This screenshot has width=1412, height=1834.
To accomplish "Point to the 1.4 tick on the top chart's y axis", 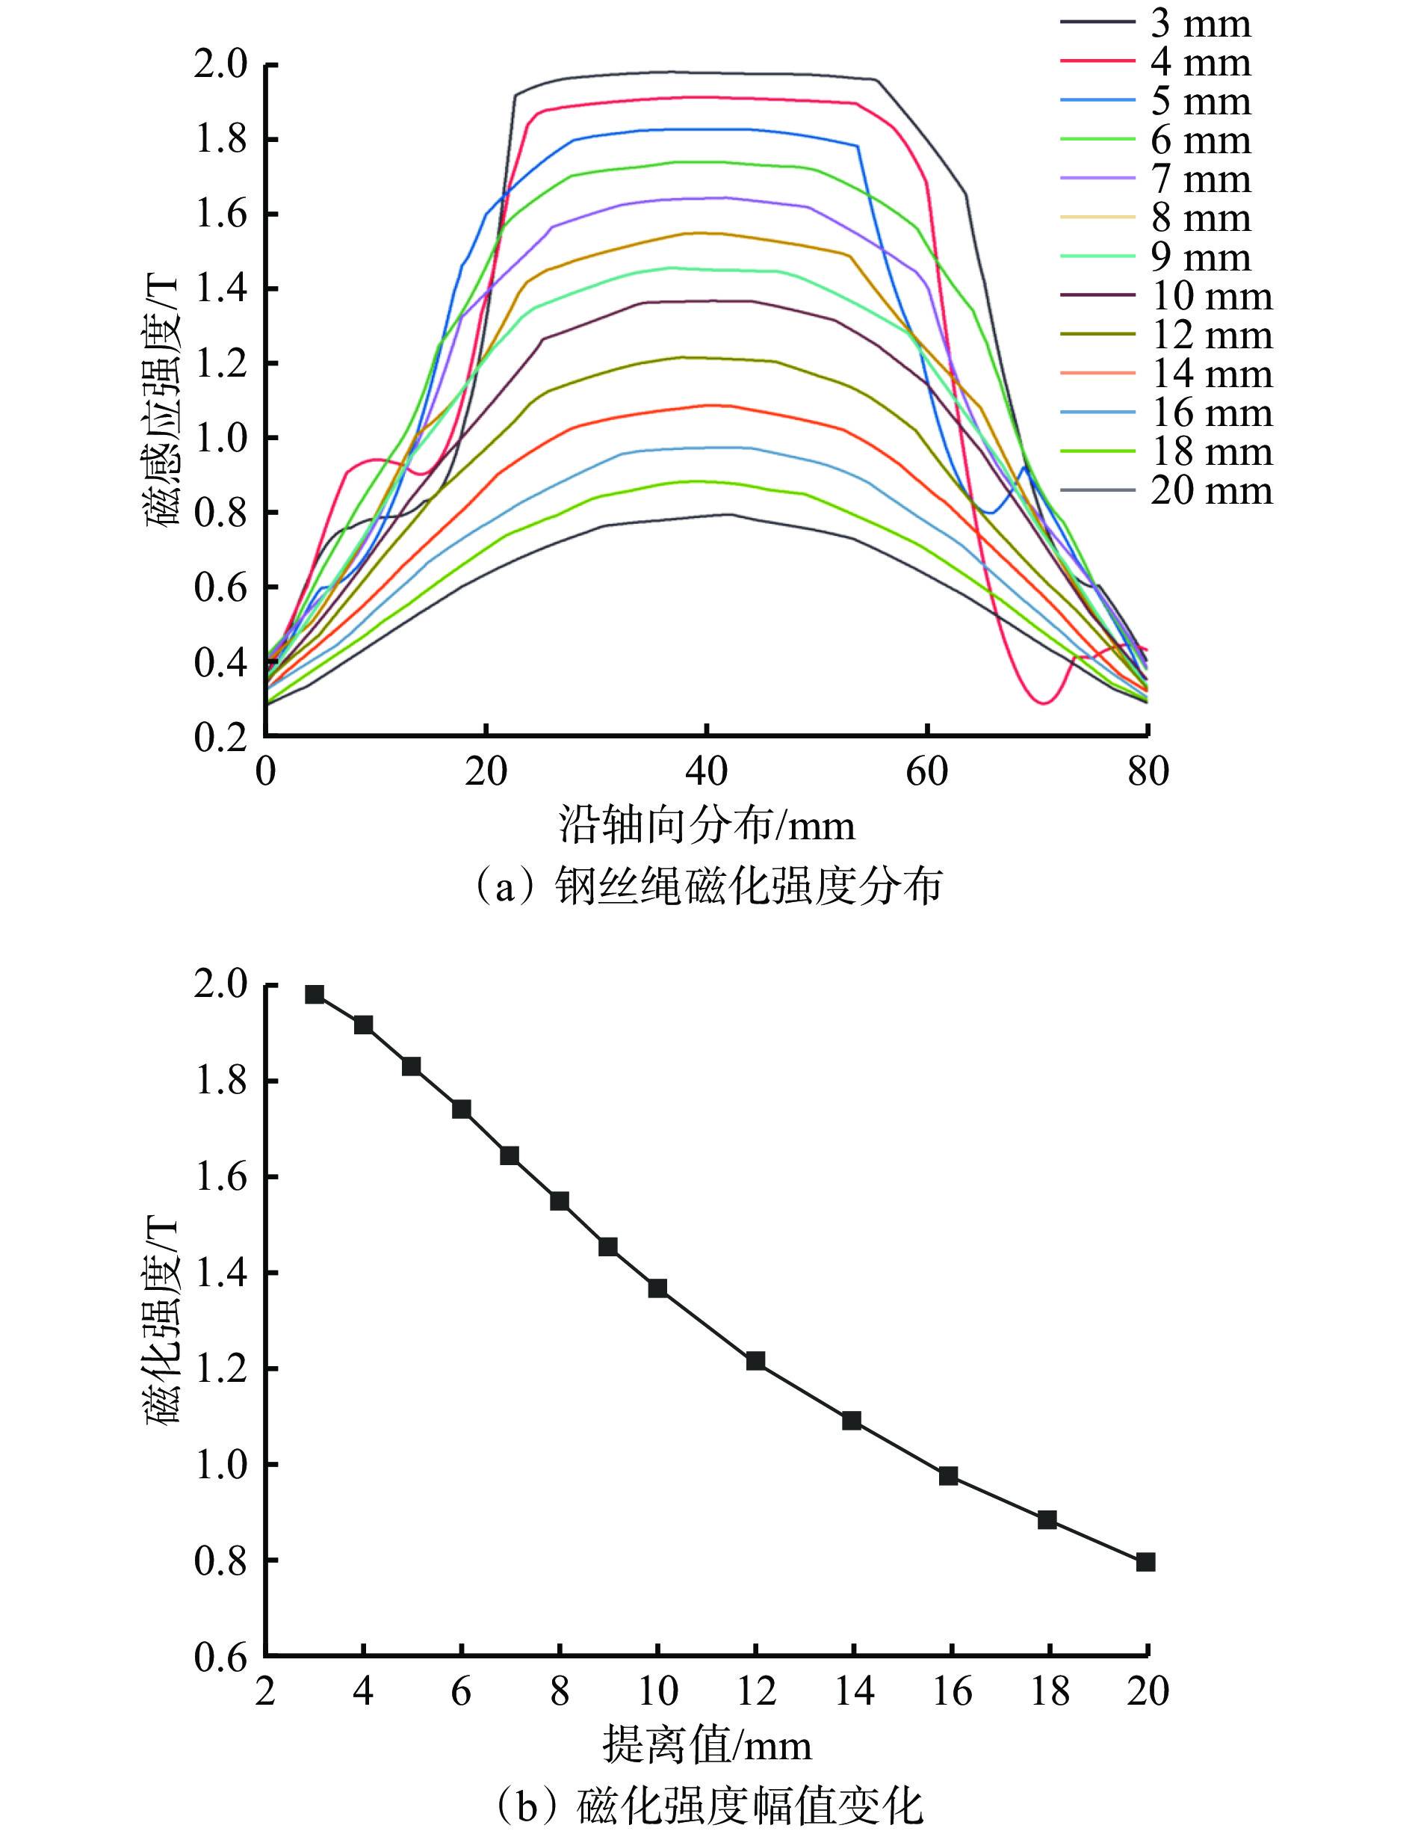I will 221,289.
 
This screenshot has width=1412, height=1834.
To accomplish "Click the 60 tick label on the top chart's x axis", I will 927,771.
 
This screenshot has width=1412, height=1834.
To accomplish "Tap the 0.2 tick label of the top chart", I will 221,738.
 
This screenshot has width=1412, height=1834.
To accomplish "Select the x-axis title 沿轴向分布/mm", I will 707,826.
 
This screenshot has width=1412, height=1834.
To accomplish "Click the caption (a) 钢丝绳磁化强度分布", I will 707,886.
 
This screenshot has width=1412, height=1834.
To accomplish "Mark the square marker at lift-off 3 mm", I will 315,994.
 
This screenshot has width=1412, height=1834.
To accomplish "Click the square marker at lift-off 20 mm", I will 1146,1562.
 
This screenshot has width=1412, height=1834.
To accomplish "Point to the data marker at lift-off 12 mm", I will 755,1360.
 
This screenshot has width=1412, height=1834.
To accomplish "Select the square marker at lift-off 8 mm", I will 560,1201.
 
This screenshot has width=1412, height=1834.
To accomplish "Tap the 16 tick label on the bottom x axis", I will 951,1691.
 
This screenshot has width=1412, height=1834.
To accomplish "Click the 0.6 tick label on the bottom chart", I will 221,1658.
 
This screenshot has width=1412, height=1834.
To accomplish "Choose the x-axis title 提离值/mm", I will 707,1746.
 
